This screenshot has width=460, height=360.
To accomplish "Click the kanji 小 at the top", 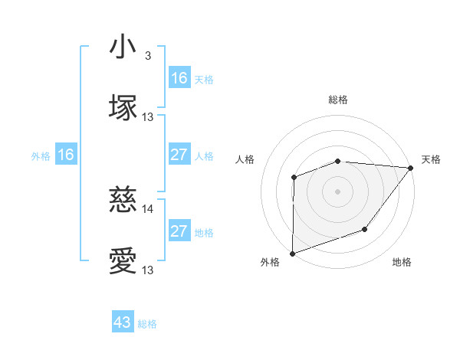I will point(123,47).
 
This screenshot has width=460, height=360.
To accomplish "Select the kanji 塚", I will point(123,106).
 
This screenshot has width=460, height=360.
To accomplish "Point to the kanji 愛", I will point(123,261).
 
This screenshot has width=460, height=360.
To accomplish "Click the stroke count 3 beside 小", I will point(148,56).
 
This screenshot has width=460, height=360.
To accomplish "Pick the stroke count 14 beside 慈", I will point(148,208).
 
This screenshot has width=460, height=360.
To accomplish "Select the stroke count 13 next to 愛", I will point(148,270).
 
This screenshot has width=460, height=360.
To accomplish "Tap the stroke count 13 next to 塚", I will point(148,116).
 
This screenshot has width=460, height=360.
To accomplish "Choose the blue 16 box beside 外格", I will point(66,155).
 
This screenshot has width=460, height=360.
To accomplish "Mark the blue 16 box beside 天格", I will point(179,78).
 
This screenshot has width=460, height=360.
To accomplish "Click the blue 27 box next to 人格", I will point(179,155).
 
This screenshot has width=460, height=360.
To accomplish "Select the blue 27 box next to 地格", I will point(179,231).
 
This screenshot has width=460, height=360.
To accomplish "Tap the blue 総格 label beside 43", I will point(147,324).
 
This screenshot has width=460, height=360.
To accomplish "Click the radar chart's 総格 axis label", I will point(337,100).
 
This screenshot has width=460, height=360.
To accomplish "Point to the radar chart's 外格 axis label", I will point(270,262).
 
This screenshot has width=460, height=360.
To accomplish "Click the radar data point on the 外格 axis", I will point(293,253).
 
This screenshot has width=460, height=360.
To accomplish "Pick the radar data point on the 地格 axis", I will point(365,229).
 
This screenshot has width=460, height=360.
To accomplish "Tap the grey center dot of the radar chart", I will point(337,191).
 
